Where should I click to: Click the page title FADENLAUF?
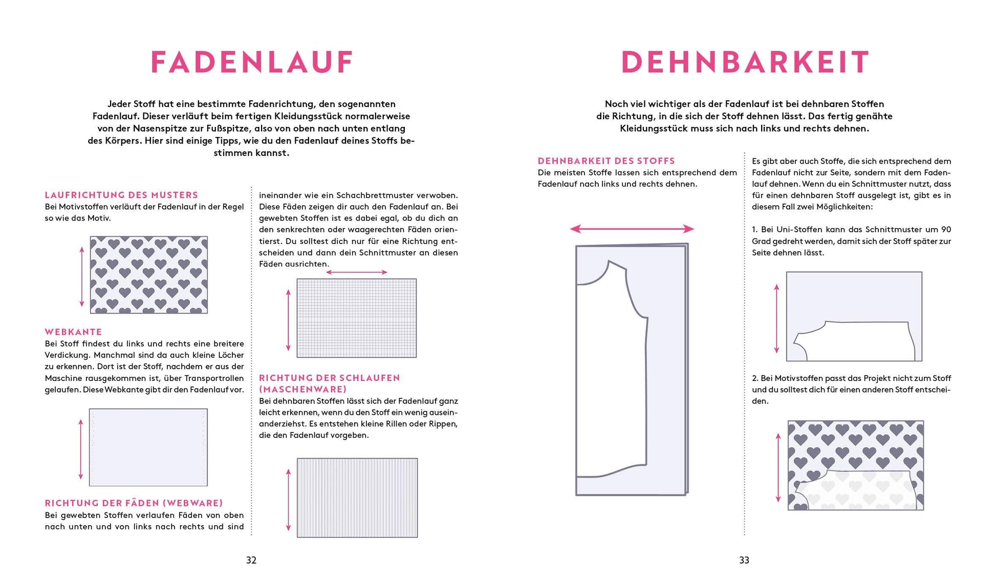(x=252, y=62)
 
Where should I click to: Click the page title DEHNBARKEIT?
(x=745, y=62)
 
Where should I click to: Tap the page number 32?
(x=251, y=560)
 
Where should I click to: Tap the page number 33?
(x=744, y=560)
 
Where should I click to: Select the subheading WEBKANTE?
(x=73, y=332)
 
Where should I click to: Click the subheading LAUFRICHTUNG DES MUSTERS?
(x=121, y=195)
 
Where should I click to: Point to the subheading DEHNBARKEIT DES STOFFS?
(x=606, y=161)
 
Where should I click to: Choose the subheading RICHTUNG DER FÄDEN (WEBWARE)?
(x=134, y=503)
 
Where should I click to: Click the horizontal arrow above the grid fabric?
(x=357, y=272)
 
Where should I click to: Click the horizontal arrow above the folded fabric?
(x=632, y=229)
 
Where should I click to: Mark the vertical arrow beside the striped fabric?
(x=289, y=499)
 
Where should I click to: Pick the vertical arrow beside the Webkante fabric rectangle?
(x=81, y=448)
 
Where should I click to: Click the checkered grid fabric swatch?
(x=357, y=318)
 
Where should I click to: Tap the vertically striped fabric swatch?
(x=357, y=498)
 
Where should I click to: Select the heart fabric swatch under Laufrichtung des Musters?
(x=149, y=275)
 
